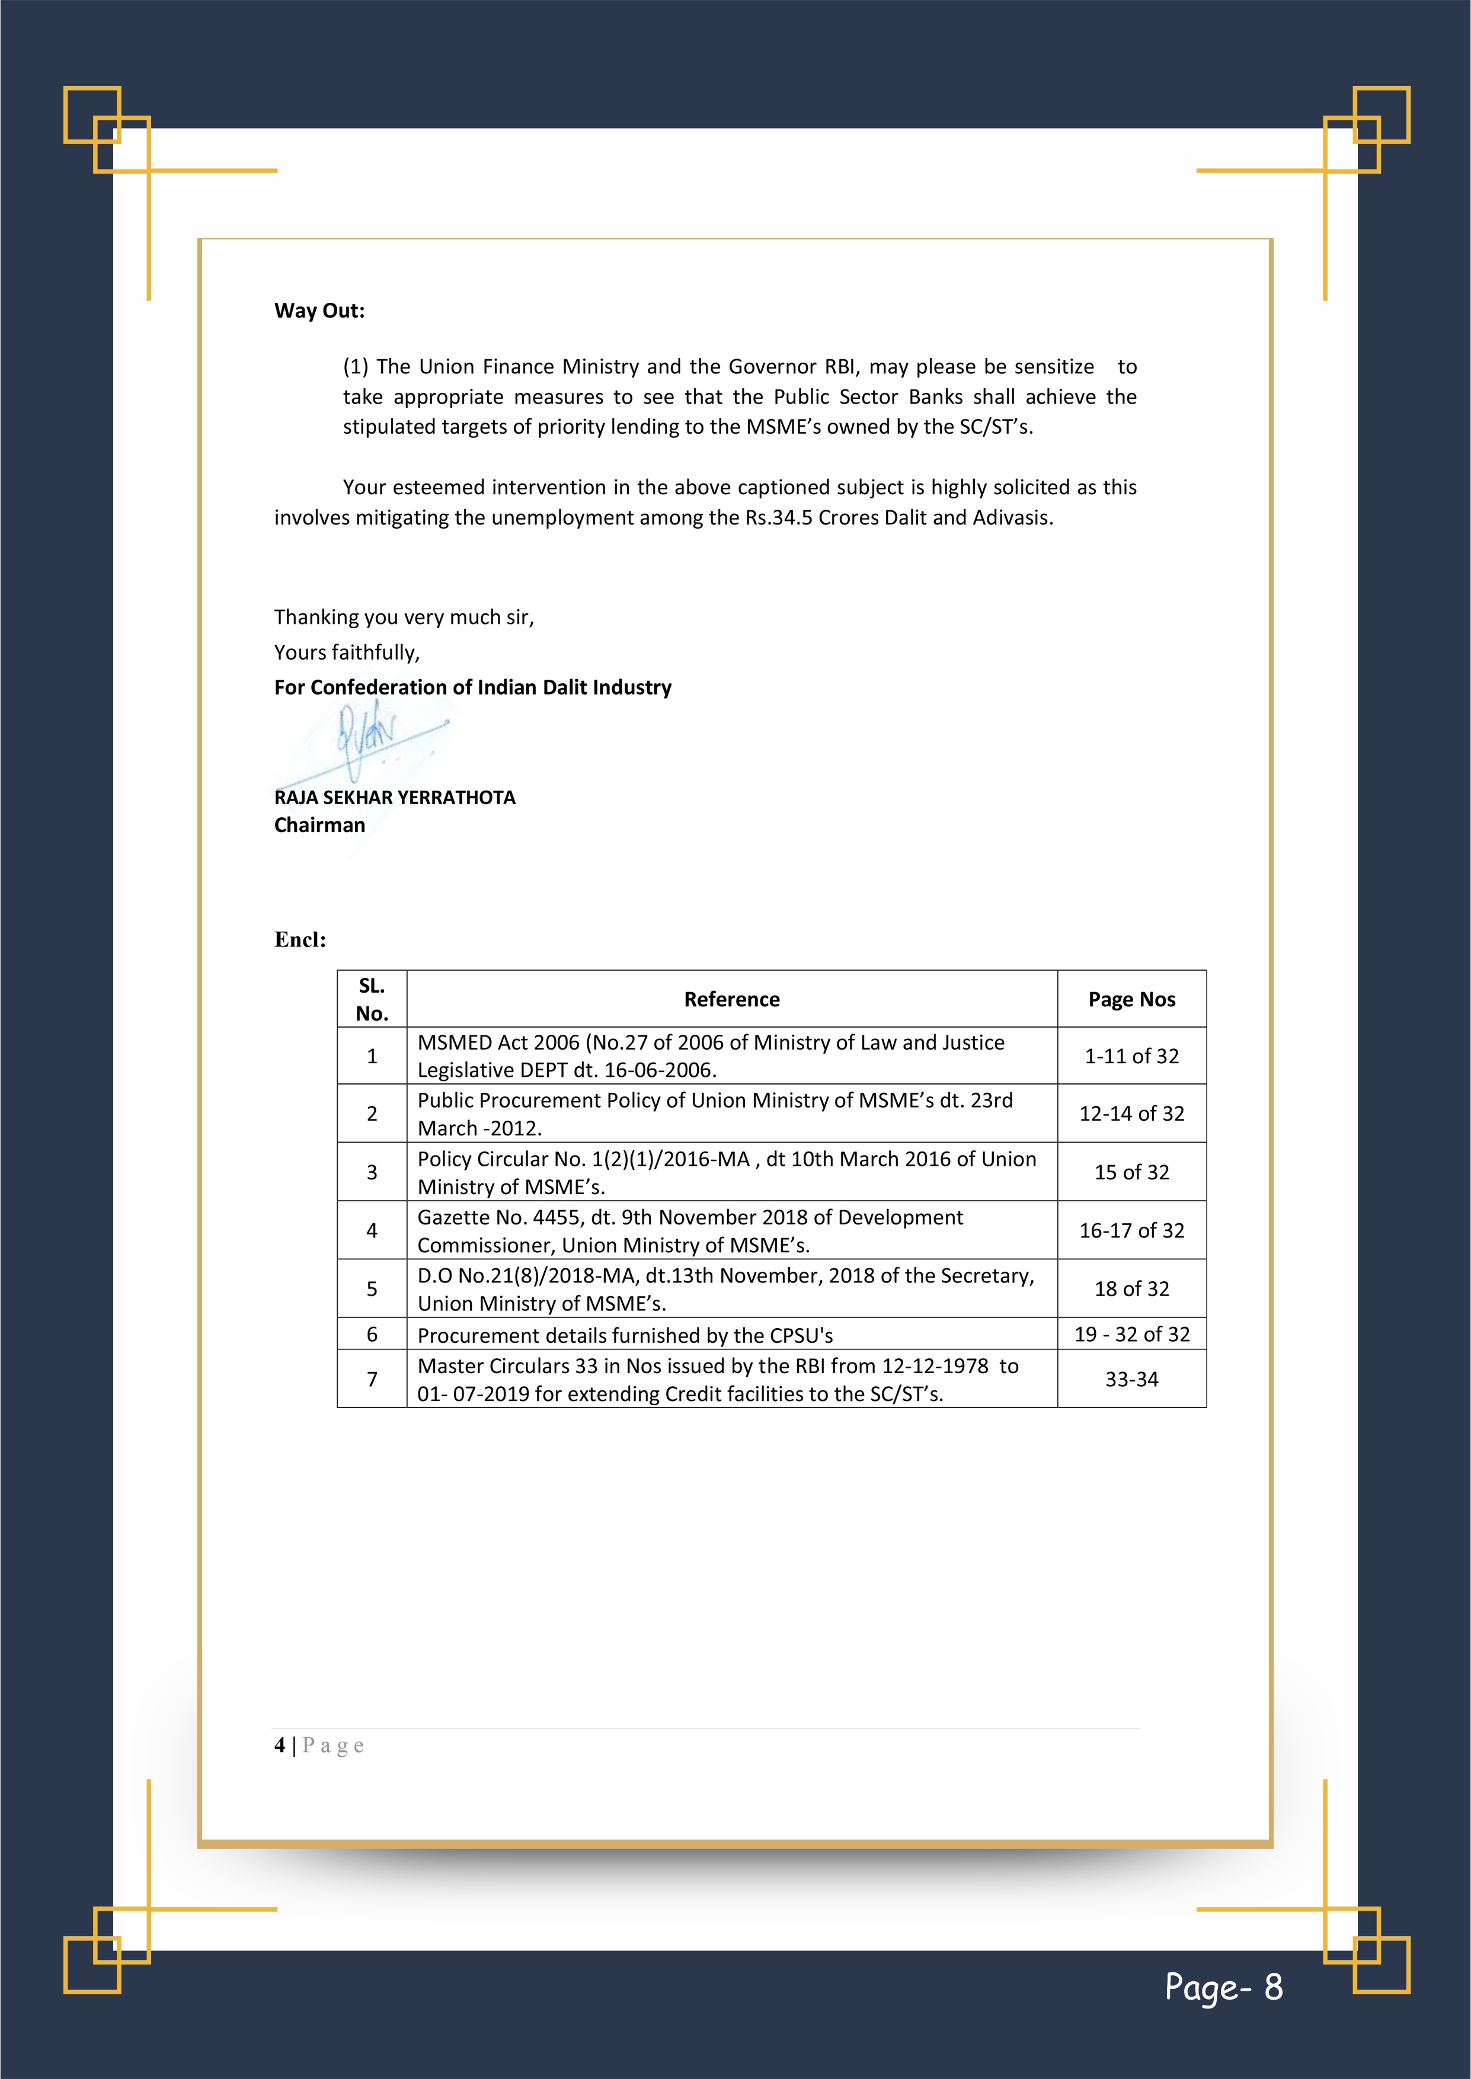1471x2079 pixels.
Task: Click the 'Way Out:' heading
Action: [319, 311]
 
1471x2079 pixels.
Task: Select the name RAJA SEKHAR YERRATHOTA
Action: [394, 798]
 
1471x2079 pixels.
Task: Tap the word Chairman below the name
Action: [319, 825]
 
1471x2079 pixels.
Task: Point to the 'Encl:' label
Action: [300, 940]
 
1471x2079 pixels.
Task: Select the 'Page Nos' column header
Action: [1131, 1000]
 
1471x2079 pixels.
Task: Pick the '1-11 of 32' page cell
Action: [1131, 1056]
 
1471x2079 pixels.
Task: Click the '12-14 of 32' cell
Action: [1131, 1114]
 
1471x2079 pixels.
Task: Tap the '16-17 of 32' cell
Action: [1131, 1230]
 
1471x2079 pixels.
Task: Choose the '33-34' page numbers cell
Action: [1131, 1379]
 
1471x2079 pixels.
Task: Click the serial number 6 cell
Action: [372, 1334]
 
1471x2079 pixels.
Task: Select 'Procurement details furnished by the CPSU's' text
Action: [625, 1336]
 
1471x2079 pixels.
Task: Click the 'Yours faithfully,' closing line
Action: [347, 653]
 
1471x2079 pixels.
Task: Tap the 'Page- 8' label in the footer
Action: [1223, 1988]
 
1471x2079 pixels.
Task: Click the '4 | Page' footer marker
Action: [319, 1746]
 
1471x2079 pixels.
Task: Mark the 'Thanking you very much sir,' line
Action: [404, 618]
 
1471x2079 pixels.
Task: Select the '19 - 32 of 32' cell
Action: [1131, 1334]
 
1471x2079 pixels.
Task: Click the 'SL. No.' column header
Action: [372, 1000]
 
